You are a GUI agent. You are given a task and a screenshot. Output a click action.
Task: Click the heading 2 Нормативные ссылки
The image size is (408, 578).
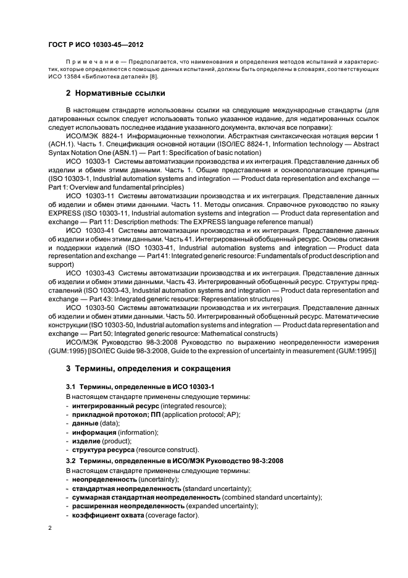[x=115, y=93]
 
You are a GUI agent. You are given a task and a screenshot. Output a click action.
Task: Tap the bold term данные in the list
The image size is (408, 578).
[x=84, y=424]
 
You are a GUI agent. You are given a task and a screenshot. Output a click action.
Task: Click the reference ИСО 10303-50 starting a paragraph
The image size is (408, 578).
[x=86, y=307]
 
